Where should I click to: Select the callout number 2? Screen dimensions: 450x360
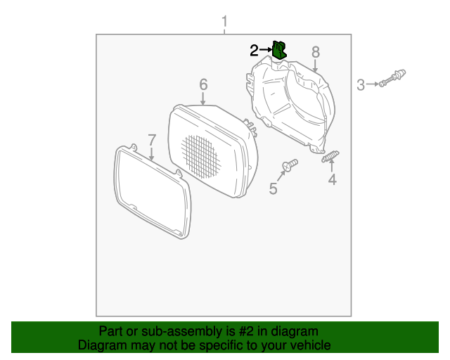click(254, 50)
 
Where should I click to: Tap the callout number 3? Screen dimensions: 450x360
click(361, 85)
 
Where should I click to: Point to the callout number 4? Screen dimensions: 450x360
click(332, 180)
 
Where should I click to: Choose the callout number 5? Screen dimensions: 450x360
click(274, 188)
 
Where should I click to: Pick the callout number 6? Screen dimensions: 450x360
click(203, 84)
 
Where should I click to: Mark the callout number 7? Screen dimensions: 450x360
click(151, 139)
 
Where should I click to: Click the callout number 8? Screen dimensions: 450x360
click(316, 51)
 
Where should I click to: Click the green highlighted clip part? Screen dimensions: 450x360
click(279, 49)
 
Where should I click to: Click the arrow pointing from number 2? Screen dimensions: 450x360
click(266, 50)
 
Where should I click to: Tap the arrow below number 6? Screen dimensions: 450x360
click(203, 100)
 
